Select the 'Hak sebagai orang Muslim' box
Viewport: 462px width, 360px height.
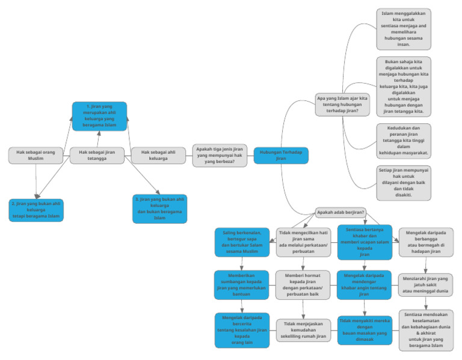(35, 156)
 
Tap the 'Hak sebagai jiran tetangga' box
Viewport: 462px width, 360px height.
(97, 156)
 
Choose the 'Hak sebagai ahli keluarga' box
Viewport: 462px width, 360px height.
(158, 156)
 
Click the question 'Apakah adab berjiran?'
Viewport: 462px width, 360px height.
(340, 212)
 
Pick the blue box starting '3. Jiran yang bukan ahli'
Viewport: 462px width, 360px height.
(159, 209)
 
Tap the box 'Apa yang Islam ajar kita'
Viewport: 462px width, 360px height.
(342, 104)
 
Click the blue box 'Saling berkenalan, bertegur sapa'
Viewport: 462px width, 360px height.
(241, 242)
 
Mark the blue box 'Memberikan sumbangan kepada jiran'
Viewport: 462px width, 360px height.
(241, 285)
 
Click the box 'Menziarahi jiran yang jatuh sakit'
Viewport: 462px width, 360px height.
(426, 285)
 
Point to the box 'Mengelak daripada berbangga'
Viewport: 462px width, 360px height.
(426, 242)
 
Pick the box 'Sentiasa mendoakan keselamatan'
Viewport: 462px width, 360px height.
(426, 330)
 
